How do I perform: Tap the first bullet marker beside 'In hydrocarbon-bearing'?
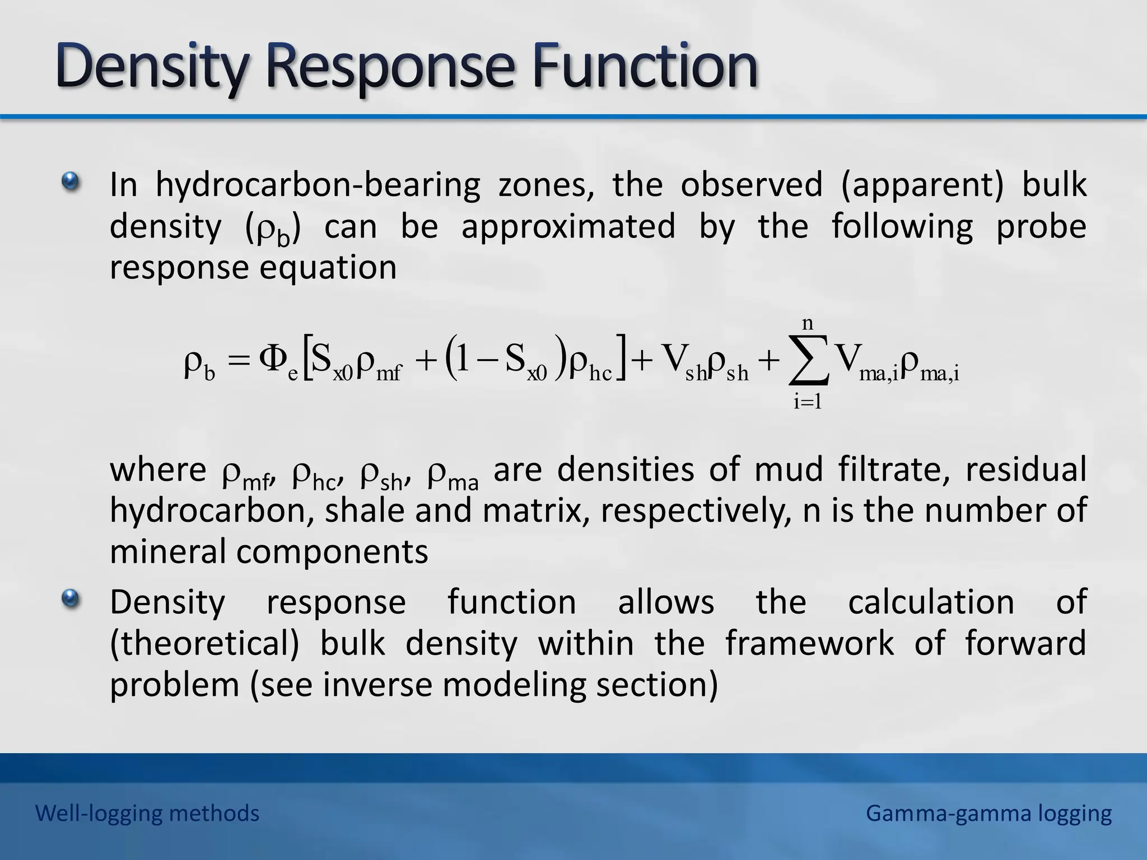(x=71, y=181)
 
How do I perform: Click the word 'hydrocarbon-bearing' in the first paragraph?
(x=318, y=185)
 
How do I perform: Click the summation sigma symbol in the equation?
(x=808, y=361)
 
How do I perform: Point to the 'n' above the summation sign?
(x=807, y=323)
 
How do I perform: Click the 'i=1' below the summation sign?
(x=807, y=402)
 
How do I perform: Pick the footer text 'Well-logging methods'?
(x=147, y=813)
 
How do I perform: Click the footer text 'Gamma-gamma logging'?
(x=989, y=813)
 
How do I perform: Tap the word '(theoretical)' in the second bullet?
(x=204, y=643)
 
